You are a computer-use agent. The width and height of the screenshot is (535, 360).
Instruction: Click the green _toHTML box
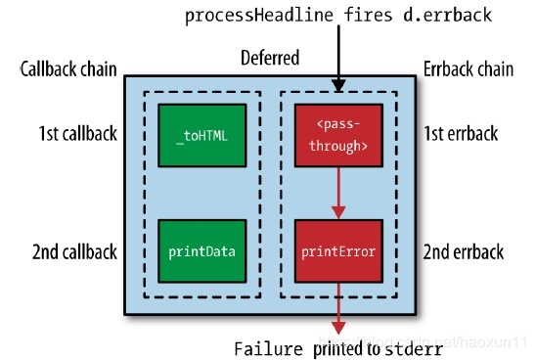click(201, 135)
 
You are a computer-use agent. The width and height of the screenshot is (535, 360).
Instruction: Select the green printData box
click(201, 251)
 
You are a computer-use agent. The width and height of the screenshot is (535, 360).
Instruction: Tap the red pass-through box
click(336, 135)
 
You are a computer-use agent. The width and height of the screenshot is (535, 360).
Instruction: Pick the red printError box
click(336, 251)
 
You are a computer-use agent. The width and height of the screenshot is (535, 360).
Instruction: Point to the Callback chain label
click(68, 70)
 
